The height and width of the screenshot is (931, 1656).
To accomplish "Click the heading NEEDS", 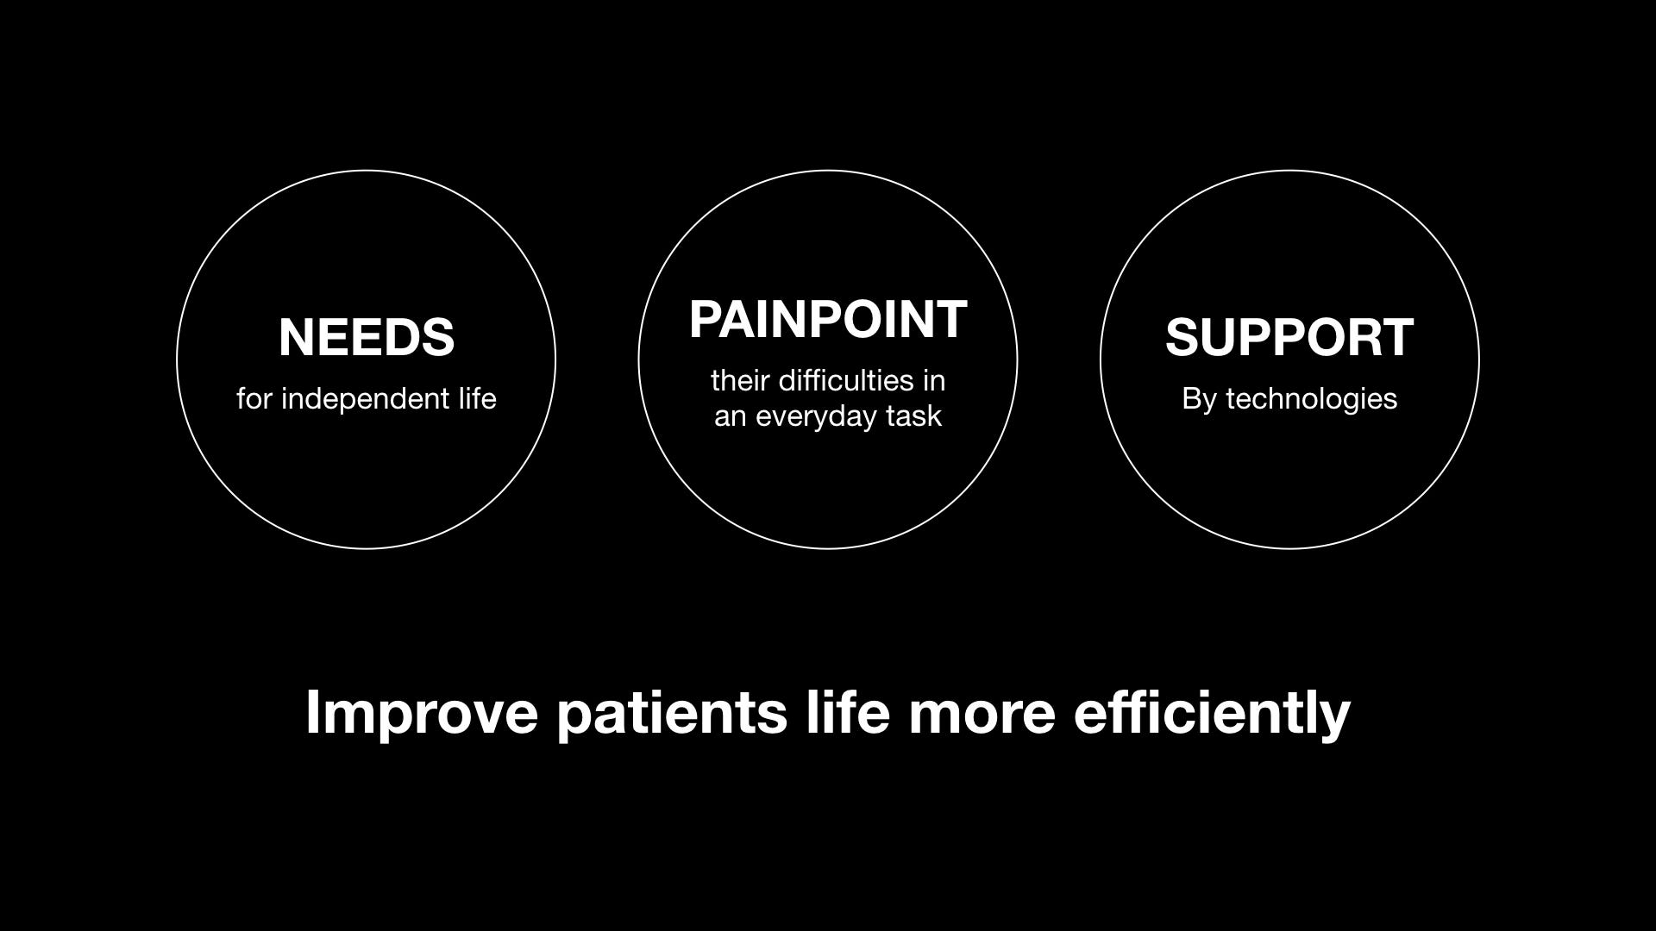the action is point(367,337).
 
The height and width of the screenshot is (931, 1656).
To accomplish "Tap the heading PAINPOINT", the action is point(828,320).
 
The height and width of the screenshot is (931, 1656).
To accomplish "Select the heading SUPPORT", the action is point(1289,337).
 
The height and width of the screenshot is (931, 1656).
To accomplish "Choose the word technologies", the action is point(1312,399).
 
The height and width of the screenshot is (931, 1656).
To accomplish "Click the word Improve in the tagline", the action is point(422,713).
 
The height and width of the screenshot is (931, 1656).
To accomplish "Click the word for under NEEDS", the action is point(255,398).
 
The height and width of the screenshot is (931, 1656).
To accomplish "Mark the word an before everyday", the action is point(730,418).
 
